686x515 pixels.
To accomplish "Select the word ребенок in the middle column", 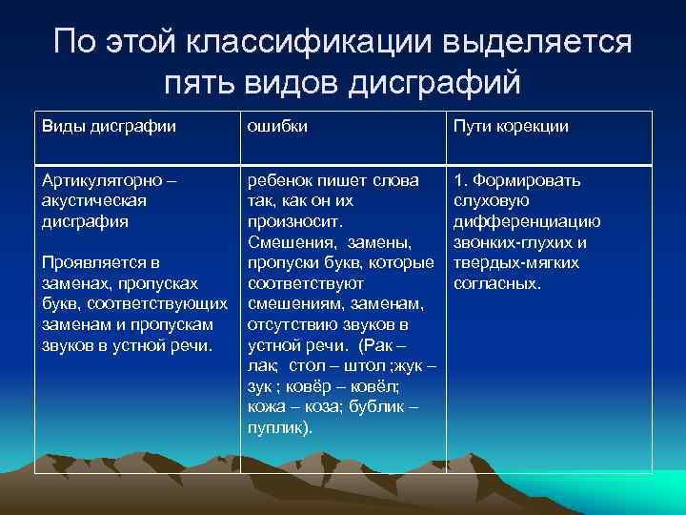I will [x=277, y=180].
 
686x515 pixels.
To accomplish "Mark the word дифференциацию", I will [x=527, y=221].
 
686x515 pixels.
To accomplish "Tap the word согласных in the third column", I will [x=496, y=284].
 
